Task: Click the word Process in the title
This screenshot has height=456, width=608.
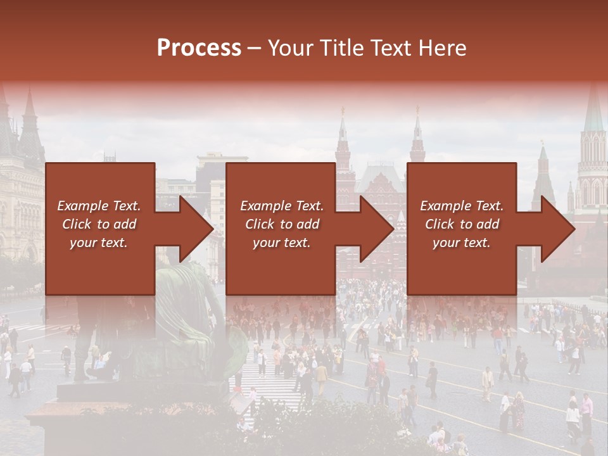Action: coord(199,47)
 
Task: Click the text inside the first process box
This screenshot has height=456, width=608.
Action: coord(99,224)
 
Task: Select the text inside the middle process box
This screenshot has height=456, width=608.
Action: coord(281,224)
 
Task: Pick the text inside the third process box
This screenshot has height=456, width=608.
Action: coord(462,224)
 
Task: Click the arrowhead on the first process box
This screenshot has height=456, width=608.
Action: coord(196,229)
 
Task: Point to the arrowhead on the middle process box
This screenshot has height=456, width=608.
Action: coord(377,229)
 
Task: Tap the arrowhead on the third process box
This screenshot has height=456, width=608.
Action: coord(558,229)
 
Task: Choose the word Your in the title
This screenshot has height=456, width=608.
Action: coord(289,47)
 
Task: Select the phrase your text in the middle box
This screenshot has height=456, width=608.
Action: coord(281,243)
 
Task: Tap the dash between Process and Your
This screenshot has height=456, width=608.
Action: coord(255,48)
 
